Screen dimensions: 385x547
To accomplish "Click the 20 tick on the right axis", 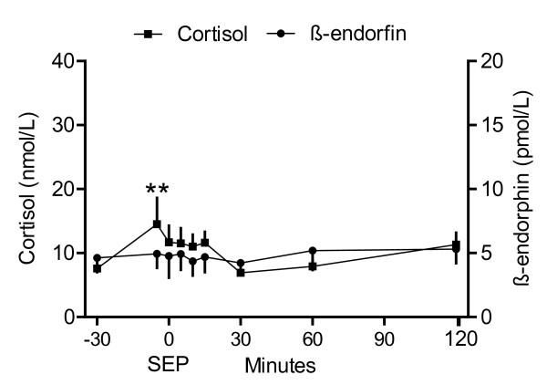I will (x=491, y=61).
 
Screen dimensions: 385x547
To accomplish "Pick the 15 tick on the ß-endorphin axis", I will (x=491, y=125).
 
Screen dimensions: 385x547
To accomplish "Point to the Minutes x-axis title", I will (x=280, y=366).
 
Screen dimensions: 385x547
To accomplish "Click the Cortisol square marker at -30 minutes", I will (x=97, y=268).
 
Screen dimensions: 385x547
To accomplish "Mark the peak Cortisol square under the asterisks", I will (x=157, y=224).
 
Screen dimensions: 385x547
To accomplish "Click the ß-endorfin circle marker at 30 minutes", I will (x=241, y=263).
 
